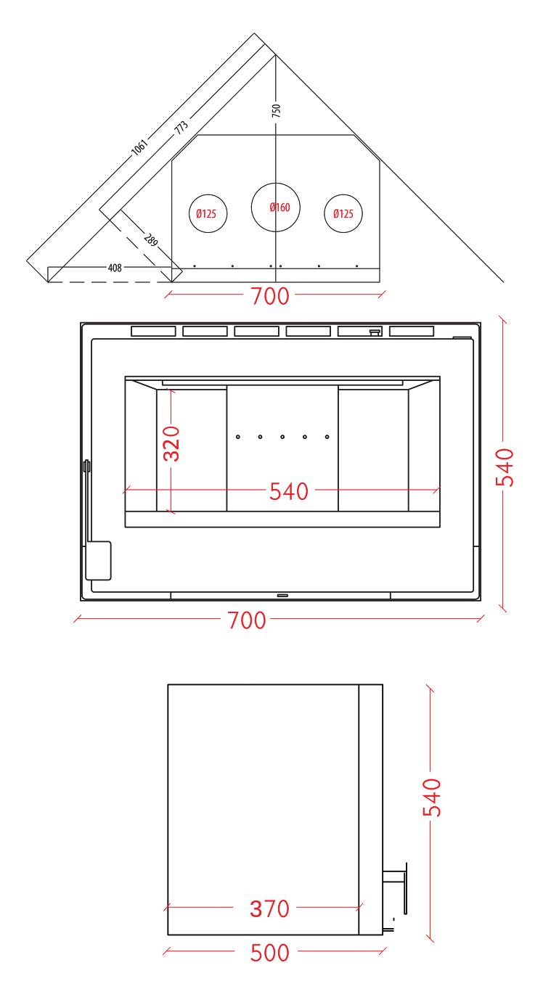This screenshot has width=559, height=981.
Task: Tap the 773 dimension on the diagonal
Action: [x=181, y=127]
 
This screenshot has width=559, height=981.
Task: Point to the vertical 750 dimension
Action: [x=276, y=110]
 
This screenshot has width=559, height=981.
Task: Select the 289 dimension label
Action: [x=151, y=240]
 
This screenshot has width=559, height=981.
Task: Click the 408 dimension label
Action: [x=115, y=268]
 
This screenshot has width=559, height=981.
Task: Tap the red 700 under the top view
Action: [x=270, y=296]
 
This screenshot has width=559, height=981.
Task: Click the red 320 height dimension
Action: [x=171, y=443]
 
